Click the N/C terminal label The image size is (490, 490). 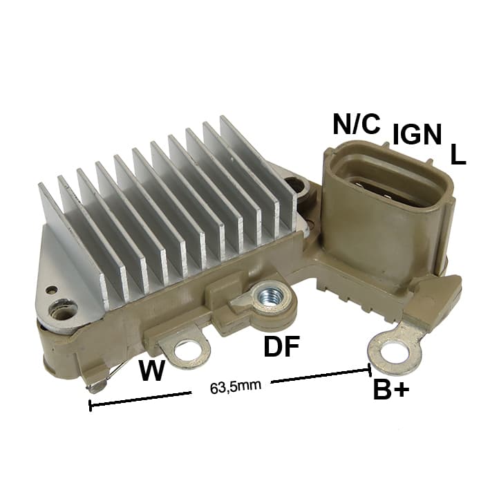click(357, 124)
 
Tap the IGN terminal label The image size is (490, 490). click(417, 134)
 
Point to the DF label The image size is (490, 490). click(281, 346)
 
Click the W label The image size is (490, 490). click(152, 370)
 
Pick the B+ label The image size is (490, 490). click(391, 389)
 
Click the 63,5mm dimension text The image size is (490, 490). click(236, 387)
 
